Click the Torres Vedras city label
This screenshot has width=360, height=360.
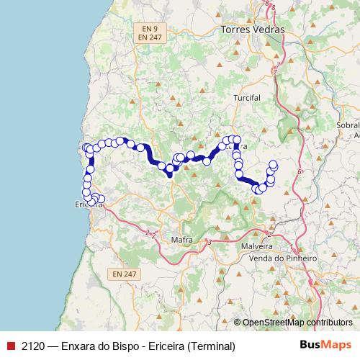(253, 30)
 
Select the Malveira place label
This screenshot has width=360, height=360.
(258, 245)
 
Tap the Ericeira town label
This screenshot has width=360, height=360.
(89, 204)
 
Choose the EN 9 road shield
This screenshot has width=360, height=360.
(150, 27)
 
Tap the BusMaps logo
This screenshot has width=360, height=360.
(325, 346)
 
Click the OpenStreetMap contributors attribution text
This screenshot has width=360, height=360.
(297, 323)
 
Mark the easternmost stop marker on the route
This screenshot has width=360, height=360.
(274, 164)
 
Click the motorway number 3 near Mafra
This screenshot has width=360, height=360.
(208, 243)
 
